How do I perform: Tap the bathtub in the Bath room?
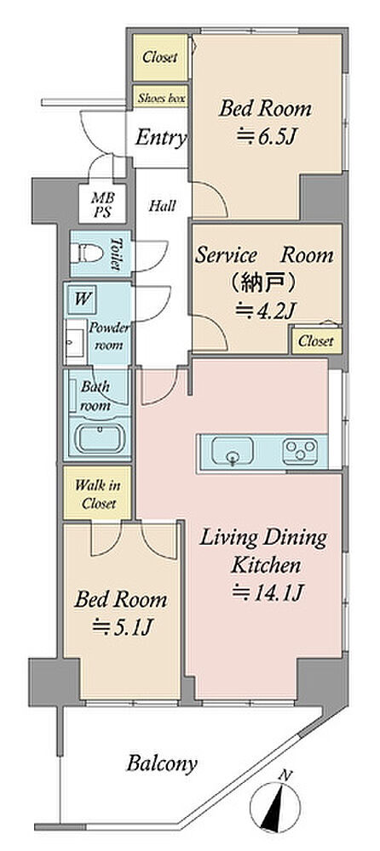(98, 438)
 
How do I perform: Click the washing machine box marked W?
(82, 299)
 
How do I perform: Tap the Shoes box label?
(162, 98)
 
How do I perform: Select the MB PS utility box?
(102, 203)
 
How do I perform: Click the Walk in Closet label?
(98, 494)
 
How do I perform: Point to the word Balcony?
(162, 764)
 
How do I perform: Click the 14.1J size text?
(267, 593)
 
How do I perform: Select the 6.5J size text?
(266, 137)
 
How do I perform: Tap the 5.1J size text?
(120, 628)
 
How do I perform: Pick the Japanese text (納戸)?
(263, 283)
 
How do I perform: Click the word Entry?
(161, 138)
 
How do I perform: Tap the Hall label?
(163, 206)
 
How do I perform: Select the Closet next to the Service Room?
(316, 341)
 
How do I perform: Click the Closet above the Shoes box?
(160, 57)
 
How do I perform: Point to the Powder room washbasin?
(72, 342)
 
